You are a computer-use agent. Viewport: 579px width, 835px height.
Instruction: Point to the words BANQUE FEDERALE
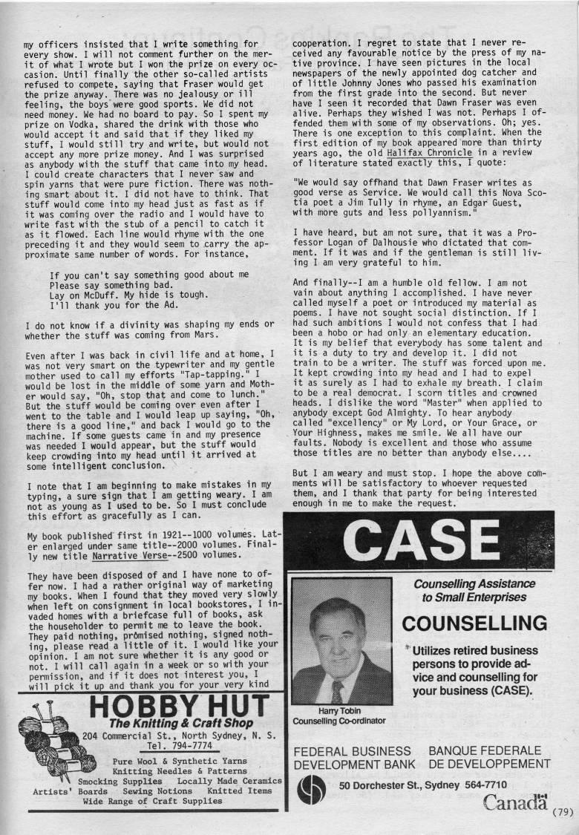(485, 751)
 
